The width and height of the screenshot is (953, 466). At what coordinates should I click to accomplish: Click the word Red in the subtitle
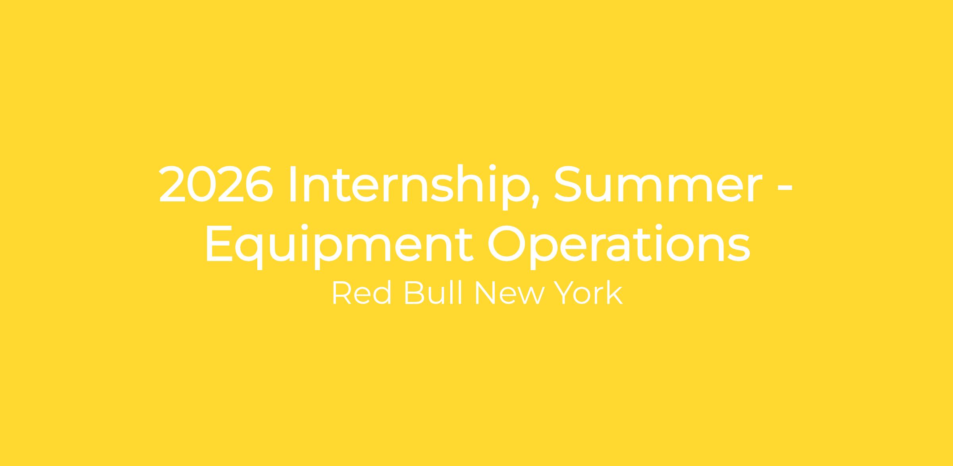361,293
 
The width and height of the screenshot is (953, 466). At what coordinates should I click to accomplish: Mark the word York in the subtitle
588,293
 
